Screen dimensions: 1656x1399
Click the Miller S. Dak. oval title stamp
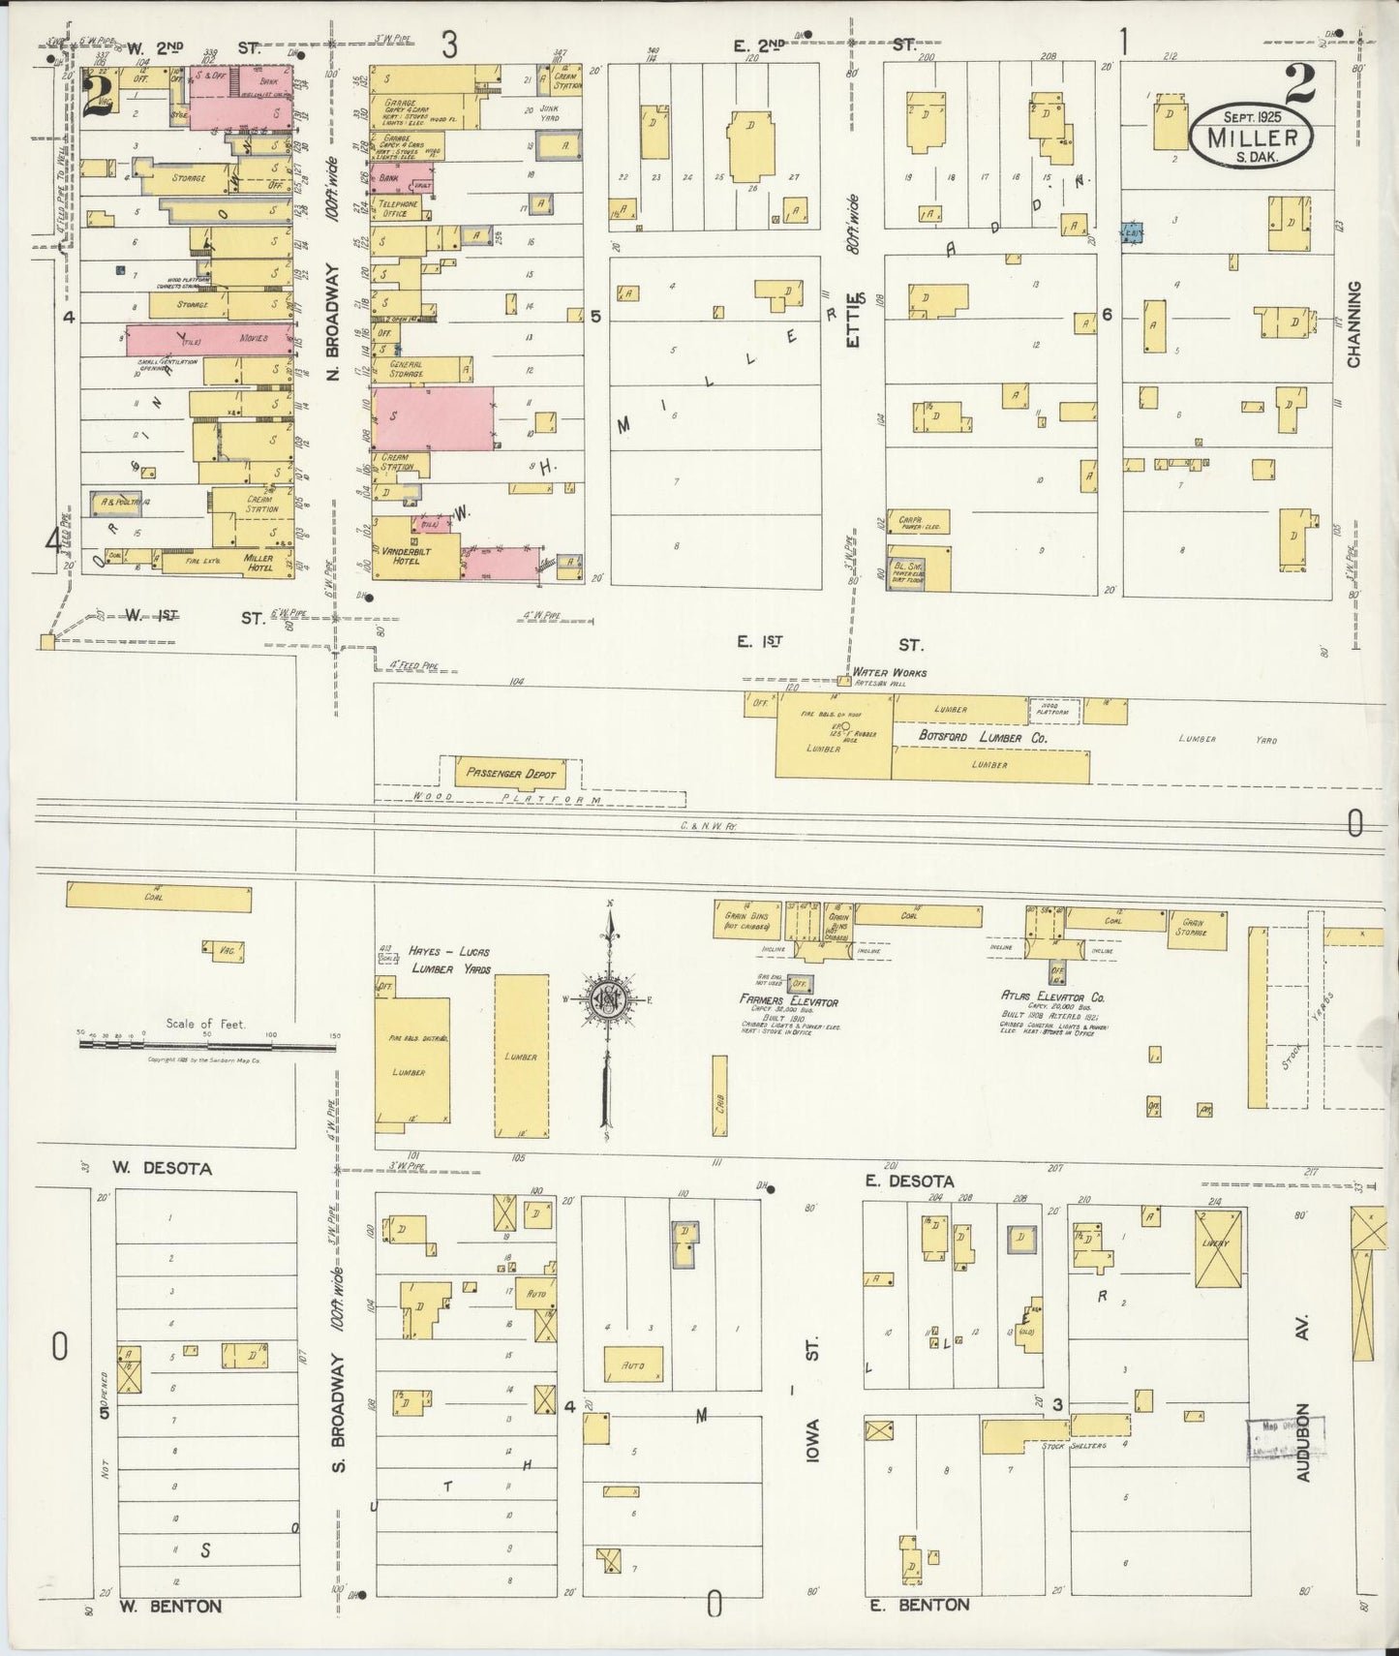click(x=1251, y=137)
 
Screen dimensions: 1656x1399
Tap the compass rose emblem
click(x=609, y=1002)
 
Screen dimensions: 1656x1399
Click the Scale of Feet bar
click(x=205, y=1045)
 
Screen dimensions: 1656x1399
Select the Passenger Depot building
click(x=510, y=773)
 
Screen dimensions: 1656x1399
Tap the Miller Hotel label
click(x=258, y=563)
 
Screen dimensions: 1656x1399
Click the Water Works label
click(x=889, y=672)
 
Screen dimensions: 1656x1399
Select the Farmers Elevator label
click(x=789, y=1002)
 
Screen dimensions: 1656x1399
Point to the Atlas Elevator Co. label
click(x=1052, y=996)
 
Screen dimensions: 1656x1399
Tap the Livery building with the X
click(x=1218, y=1248)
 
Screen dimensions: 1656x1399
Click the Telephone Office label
click(x=397, y=208)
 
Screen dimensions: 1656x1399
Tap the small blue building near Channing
click(x=1132, y=232)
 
